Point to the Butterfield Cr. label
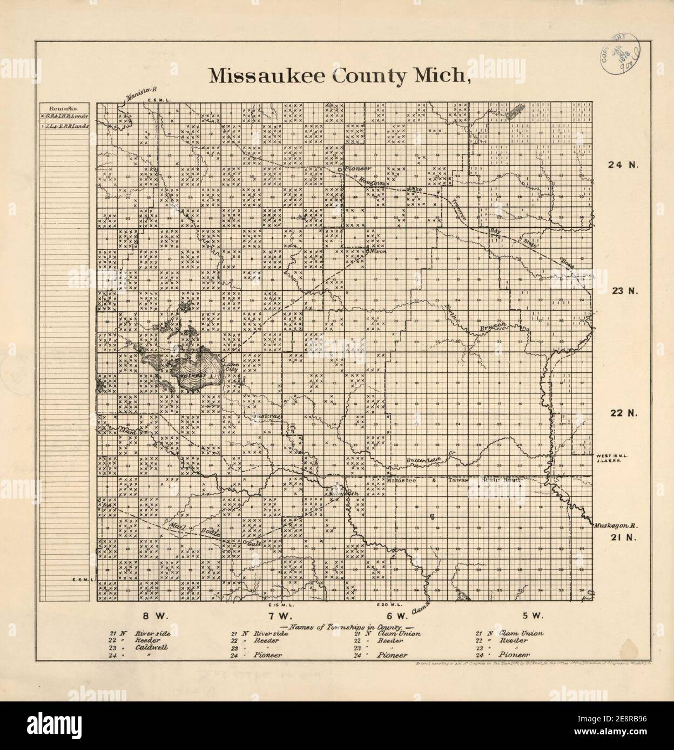click(x=424, y=460)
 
